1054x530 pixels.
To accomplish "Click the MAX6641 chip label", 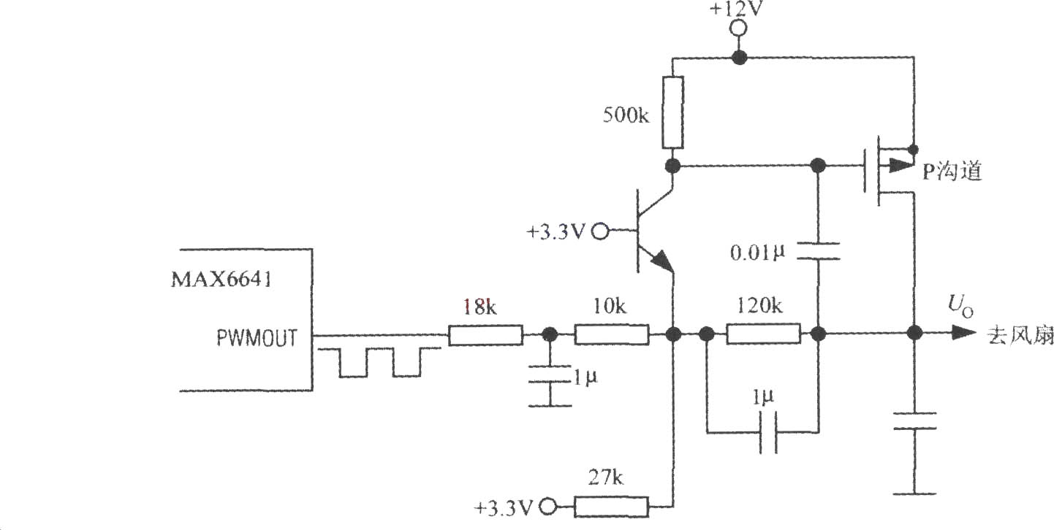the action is click(x=221, y=280).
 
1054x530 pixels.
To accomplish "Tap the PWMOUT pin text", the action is click(x=257, y=337).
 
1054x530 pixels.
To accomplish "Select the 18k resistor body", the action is click(x=485, y=335).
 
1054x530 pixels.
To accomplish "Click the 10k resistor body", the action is click(x=612, y=335).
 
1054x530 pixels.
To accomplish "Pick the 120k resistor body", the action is click(x=763, y=334).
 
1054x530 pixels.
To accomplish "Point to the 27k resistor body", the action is click(x=612, y=507).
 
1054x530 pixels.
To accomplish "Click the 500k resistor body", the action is click(x=673, y=112).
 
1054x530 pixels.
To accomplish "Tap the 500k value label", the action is click(x=626, y=115).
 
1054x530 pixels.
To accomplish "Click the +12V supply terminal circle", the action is click(x=738, y=28).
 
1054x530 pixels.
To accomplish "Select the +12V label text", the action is click(x=736, y=9).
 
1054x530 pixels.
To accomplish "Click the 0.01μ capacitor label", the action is click(x=757, y=253).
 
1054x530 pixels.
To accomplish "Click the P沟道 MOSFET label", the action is click(x=952, y=171).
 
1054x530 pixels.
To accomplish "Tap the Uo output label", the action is click(x=960, y=307).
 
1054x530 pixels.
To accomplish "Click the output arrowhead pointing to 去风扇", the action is click(x=963, y=333).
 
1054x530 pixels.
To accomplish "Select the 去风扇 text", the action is click(x=1020, y=336).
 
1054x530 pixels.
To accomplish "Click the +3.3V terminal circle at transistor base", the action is click(x=600, y=231).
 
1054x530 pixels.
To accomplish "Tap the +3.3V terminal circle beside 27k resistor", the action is click(x=548, y=507).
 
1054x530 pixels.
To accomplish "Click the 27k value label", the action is click(x=606, y=478).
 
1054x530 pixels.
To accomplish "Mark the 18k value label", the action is click(x=479, y=307).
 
